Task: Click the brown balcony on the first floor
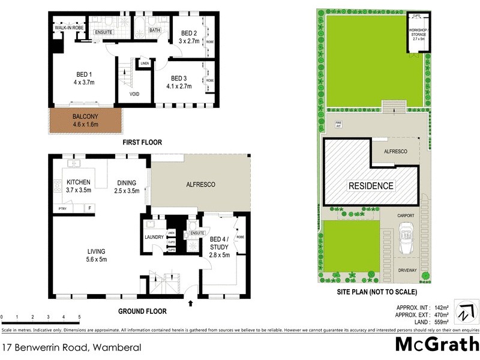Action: click(x=86, y=120)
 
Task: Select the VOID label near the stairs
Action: click(x=135, y=94)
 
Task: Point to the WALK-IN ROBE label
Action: click(x=69, y=28)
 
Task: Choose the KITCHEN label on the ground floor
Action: click(x=78, y=182)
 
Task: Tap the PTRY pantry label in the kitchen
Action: click(x=62, y=208)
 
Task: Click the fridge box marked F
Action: click(x=90, y=208)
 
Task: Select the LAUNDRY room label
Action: click(x=154, y=237)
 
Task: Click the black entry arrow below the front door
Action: click(x=191, y=304)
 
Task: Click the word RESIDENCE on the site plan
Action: click(x=371, y=186)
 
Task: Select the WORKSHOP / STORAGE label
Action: click(x=418, y=32)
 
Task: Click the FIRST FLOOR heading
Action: click(x=142, y=142)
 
